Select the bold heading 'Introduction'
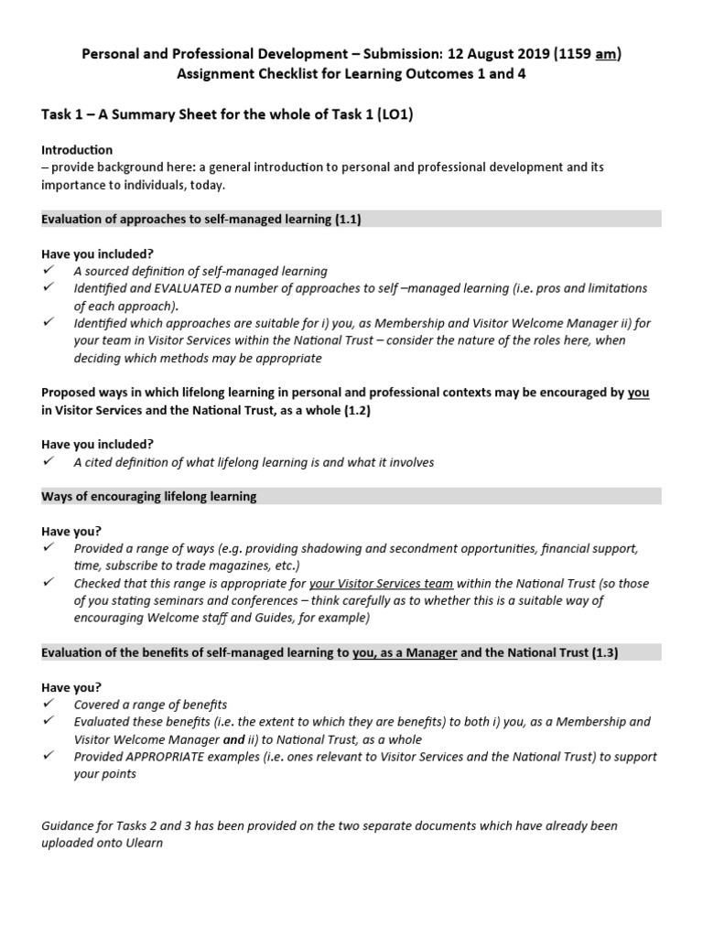pyautogui.click(x=77, y=149)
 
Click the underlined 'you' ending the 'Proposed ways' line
pyautogui.click(x=638, y=393)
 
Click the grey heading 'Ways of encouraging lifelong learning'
pyautogui.click(x=149, y=497)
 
